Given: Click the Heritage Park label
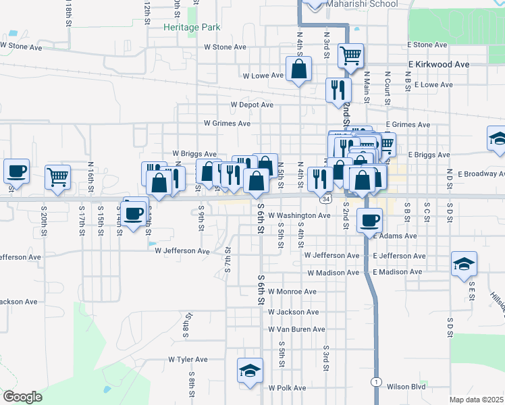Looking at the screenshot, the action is coord(192,27).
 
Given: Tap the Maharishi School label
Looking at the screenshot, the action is coord(362,4).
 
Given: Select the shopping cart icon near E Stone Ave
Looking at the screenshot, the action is coord(350,55).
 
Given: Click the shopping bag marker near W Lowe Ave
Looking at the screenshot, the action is coord(298,69).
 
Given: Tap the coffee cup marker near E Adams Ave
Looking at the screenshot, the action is coord(369,219).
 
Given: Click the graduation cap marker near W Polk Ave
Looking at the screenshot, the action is coord(250,371).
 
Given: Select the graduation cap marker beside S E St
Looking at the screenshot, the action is coord(464,264).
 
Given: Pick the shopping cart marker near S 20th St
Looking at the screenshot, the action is coord(57,177).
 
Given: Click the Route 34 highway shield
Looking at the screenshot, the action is coord(326,200).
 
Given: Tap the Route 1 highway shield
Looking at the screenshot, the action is coord(375,381).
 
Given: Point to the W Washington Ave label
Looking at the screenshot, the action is coord(299,216).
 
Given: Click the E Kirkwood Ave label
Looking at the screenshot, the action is coord(438,64).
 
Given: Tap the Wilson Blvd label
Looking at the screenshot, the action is coord(406,387).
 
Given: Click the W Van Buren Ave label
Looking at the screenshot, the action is coord(297,329).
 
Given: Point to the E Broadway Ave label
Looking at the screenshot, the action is coord(481,173).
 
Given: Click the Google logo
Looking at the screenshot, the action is coord(22,396).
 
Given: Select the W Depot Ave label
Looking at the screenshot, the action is coord(252,105).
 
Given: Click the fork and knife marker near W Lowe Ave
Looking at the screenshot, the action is coord(338,90).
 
